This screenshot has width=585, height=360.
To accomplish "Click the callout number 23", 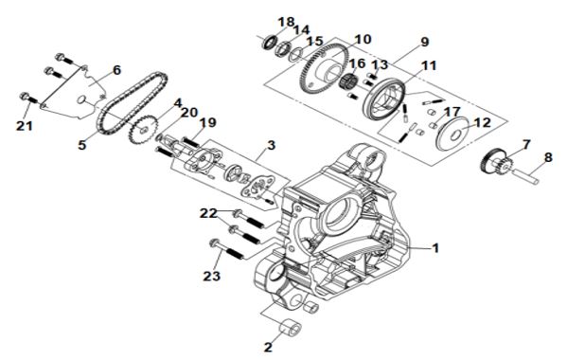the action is (211, 277).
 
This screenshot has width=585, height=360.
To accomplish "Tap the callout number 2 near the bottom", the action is (268, 347).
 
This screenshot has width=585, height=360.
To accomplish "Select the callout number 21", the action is (25, 126).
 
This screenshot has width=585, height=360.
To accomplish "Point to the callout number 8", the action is (548, 157).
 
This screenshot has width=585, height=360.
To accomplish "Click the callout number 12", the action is (483, 122).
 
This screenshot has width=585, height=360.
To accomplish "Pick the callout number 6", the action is (117, 70).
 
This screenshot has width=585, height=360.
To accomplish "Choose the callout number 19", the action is (207, 122).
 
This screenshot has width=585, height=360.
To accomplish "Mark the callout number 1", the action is (435, 247).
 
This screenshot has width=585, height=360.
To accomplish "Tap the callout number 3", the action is (271, 145).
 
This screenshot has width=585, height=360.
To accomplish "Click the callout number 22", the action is (208, 213).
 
